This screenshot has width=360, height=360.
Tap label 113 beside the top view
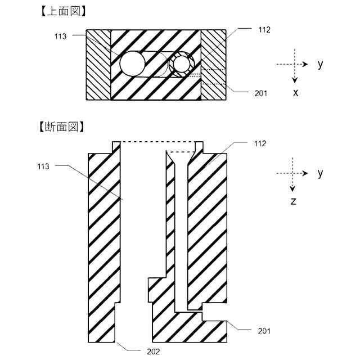[x=61, y=37]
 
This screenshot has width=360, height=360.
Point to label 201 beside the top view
[x=260, y=93]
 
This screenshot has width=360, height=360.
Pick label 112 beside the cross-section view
[x=259, y=143]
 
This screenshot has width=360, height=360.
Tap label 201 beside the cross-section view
[x=263, y=331]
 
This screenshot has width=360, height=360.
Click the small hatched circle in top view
[x=181, y=65]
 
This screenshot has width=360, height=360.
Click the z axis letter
[x=294, y=201]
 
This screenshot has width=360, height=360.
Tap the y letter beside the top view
[x=320, y=64]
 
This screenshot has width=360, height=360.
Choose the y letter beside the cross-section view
[x=320, y=173]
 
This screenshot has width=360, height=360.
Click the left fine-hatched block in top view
[x=98, y=65]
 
